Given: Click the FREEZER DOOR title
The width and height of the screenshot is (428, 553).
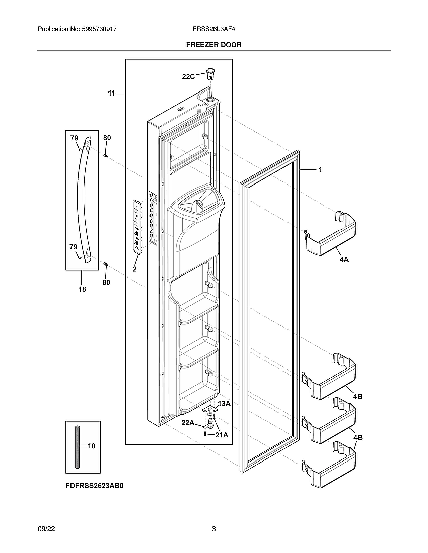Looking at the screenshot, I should point(213,45).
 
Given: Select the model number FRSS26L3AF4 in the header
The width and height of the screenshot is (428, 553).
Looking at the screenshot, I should point(213,30).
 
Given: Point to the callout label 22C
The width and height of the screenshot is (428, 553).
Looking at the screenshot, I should point(188,76).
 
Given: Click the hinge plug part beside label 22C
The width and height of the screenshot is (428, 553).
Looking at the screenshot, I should point(210,74).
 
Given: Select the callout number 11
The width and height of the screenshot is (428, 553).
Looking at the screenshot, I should point(111,93).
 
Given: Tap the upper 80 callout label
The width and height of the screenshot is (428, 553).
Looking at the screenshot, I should point(107,138).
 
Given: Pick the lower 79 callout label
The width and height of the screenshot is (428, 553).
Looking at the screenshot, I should point(74,247).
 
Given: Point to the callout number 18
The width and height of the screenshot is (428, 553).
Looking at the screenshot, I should point(82,289).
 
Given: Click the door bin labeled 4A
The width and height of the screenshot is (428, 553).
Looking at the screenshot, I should point(330,234).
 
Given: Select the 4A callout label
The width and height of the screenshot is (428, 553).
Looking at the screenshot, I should point(344,260).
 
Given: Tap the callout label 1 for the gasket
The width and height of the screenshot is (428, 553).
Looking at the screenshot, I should point(320,170).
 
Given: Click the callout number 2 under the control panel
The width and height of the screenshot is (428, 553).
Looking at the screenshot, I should point(135,269).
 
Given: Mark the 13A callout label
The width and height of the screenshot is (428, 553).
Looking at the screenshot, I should point(224,404).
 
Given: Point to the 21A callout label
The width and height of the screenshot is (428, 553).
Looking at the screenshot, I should point(222,435).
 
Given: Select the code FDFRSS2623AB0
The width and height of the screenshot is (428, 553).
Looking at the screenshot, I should point(94,486).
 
